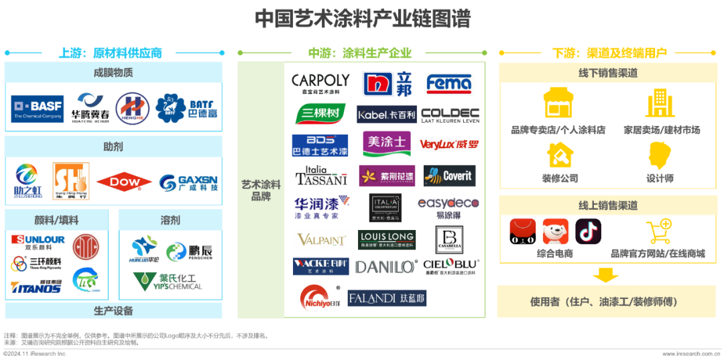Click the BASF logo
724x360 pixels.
(x=38, y=109)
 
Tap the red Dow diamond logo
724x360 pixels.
(x=123, y=182)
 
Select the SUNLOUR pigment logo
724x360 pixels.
(x=38, y=240)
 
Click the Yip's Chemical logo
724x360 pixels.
(x=167, y=280)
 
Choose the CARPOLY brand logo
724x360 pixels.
(x=320, y=82)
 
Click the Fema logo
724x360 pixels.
(x=449, y=83)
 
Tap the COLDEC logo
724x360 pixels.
(x=450, y=115)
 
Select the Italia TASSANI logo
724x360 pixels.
(x=322, y=176)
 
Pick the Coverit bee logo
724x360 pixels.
(x=449, y=176)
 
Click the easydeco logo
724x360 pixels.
(x=448, y=208)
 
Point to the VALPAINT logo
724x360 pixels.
(x=320, y=240)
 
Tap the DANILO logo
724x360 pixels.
(x=387, y=266)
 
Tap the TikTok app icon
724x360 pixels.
(x=588, y=231)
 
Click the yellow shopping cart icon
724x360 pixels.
(x=658, y=232)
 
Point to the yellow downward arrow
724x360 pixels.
(x=606, y=275)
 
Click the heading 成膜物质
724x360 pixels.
(x=113, y=72)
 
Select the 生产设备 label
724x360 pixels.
(x=113, y=311)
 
